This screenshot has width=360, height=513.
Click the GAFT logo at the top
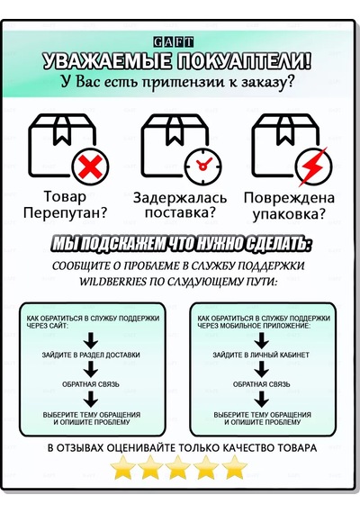pyautogui.click(x=174, y=42)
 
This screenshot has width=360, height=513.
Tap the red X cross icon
pyautogui.click(x=90, y=166)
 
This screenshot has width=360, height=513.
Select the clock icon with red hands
pyautogui.click(x=202, y=166)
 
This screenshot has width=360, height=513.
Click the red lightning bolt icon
pyautogui.click(x=314, y=166)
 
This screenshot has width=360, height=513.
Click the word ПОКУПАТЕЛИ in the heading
pyautogui.click(x=244, y=61)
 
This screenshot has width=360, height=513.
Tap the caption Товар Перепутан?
pyautogui.click(x=65, y=205)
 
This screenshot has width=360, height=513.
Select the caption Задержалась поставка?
pyautogui.click(x=180, y=205)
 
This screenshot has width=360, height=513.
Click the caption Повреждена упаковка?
pyautogui.click(x=289, y=206)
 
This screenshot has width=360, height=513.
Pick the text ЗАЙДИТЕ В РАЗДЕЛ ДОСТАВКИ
pyautogui.click(x=91, y=355)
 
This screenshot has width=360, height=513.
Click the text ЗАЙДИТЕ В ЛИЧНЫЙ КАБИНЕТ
pyautogui.click(x=261, y=355)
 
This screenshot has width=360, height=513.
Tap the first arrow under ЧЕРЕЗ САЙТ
pyautogui.click(x=91, y=340)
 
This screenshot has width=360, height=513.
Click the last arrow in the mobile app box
pyautogui.click(x=261, y=399)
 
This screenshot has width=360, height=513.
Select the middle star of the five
pyautogui.click(x=178, y=467)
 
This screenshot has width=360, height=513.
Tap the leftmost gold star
pyautogui.click(x=123, y=467)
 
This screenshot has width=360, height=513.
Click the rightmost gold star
pyautogui.click(x=234, y=467)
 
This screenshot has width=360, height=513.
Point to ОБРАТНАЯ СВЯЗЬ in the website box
pyautogui.click(x=91, y=384)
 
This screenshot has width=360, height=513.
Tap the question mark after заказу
pyautogui.click(x=289, y=80)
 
